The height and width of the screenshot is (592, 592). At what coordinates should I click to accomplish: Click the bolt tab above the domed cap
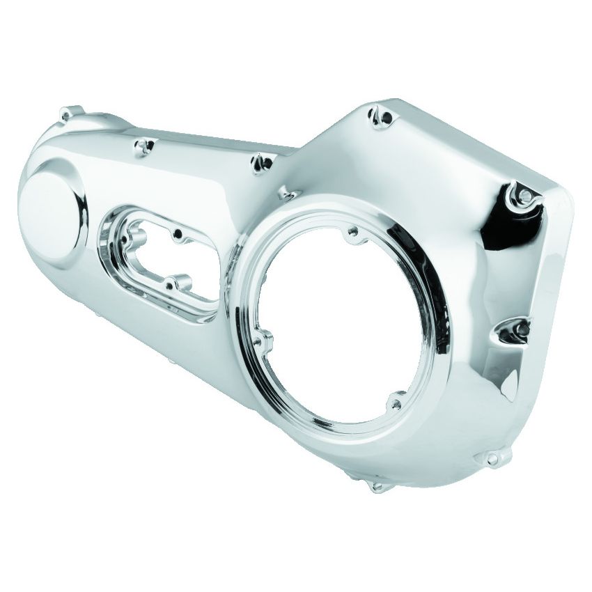coord(69,113)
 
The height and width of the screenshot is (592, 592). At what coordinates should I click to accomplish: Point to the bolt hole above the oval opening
coord(145,146)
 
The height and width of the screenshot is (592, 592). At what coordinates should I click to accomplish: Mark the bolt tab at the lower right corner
coord(493,458)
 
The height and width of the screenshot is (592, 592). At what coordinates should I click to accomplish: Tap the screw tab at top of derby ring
coord(355,231)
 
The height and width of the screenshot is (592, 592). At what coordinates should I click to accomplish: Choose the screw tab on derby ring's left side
coord(264,341)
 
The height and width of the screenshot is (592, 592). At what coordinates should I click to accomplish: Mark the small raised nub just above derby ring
coord(286,192)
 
